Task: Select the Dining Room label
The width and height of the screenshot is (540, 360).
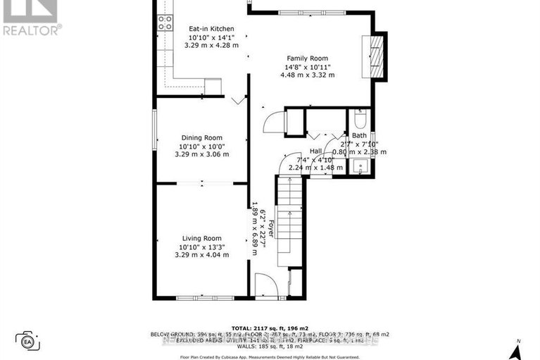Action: [x=202, y=137]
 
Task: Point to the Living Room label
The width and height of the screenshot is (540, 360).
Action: [x=202, y=238]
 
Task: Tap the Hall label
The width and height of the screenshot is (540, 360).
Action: [x=316, y=151]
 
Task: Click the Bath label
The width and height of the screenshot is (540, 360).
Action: [x=359, y=135]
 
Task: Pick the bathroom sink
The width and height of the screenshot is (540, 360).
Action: [x=360, y=167]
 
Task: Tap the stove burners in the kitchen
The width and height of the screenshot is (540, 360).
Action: [x=165, y=23]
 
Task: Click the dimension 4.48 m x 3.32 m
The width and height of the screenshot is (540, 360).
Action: [x=307, y=75]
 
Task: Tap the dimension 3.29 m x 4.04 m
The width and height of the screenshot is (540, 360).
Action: [x=202, y=254]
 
